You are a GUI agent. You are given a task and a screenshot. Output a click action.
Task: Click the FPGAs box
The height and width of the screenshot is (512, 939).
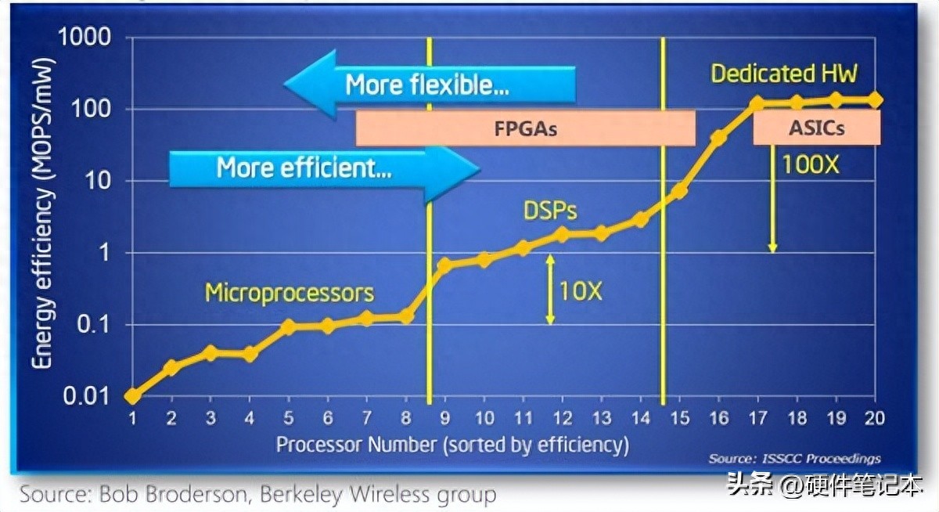tap(525, 128)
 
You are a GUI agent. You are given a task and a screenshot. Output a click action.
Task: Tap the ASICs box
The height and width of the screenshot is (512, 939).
tap(816, 128)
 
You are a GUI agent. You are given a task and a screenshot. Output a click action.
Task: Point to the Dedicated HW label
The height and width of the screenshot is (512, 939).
tap(784, 74)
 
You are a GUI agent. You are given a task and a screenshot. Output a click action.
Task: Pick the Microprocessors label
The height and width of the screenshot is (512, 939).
tap(290, 293)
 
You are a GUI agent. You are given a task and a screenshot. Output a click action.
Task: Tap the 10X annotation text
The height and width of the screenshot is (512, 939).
tap(581, 291)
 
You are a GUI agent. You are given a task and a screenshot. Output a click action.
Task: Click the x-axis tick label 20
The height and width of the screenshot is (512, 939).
tap(875, 419)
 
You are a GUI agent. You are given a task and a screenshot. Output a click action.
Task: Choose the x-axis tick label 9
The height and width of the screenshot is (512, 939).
tap(445, 419)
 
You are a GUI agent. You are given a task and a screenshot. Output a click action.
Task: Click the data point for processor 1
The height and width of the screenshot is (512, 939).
tap(132, 396)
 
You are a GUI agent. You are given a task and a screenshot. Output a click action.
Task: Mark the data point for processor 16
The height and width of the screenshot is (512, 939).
tap(718, 139)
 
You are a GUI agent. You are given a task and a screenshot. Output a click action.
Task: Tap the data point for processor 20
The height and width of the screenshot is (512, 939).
tap(875, 100)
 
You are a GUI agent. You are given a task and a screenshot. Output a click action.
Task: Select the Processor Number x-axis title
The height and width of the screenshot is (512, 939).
tap(452, 445)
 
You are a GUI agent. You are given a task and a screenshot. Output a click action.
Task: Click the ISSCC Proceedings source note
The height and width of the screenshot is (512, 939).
tap(794, 459)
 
